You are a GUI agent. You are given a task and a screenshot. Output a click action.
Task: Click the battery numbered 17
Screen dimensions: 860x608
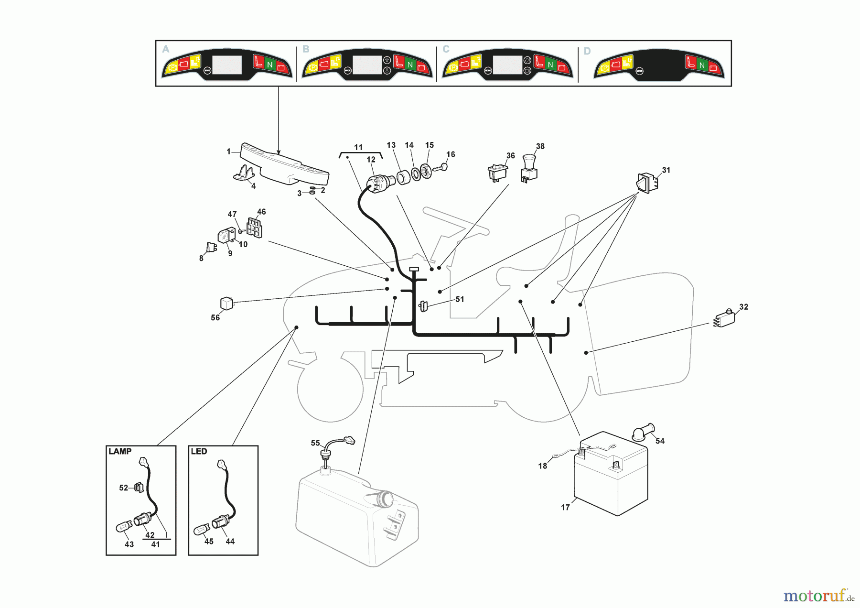[x=611, y=474]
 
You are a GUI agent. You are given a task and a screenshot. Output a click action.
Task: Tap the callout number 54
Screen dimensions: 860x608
[x=660, y=441]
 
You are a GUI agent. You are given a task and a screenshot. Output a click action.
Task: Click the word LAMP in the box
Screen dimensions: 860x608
[x=120, y=451]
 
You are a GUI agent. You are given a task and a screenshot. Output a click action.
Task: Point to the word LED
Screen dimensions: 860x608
[x=199, y=451]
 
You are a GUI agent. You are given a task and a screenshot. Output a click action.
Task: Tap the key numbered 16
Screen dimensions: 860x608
[x=440, y=168]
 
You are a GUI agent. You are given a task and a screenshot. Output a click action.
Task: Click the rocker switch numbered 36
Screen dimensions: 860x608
[x=497, y=173]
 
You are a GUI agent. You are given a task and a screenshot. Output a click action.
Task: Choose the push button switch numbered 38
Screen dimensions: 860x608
[x=528, y=168]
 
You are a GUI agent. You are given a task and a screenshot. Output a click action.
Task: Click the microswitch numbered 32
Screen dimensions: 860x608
[x=724, y=318]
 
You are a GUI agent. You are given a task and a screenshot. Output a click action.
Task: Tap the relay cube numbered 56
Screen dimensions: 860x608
[x=226, y=304]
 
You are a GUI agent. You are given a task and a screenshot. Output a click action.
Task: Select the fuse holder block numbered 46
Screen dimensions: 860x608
[x=254, y=228]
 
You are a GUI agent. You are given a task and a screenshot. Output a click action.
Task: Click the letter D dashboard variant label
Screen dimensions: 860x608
[x=587, y=51]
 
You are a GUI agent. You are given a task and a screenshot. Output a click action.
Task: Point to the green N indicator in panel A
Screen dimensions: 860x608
[x=270, y=65]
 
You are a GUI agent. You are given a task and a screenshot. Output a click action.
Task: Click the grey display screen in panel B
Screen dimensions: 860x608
[x=367, y=65]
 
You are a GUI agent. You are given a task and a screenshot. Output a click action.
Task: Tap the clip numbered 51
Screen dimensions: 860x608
[x=423, y=305]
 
